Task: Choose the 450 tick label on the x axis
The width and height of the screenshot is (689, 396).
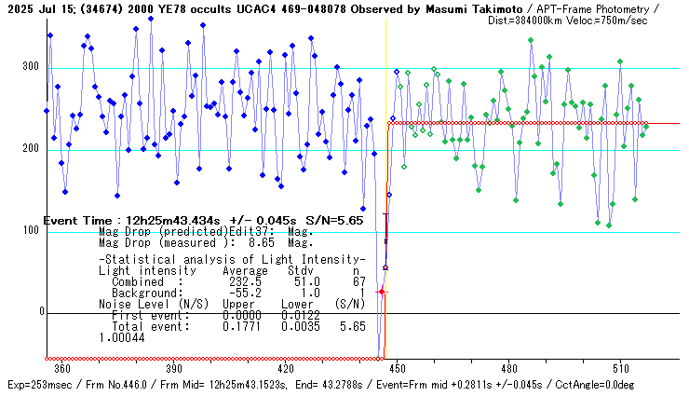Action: coord(398,368)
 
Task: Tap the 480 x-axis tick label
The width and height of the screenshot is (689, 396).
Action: coord(508,368)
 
